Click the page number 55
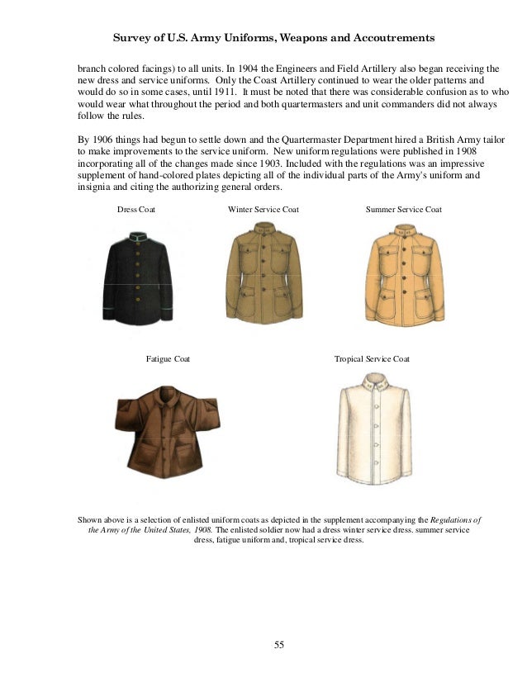[x=279, y=644]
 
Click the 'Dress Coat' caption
[x=136, y=210]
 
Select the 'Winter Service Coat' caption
[x=263, y=210]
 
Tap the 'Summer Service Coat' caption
[x=403, y=210]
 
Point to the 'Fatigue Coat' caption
[x=168, y=359]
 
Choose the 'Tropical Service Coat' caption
[x=372, y=359]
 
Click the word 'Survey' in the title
[x=130, y=38]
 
